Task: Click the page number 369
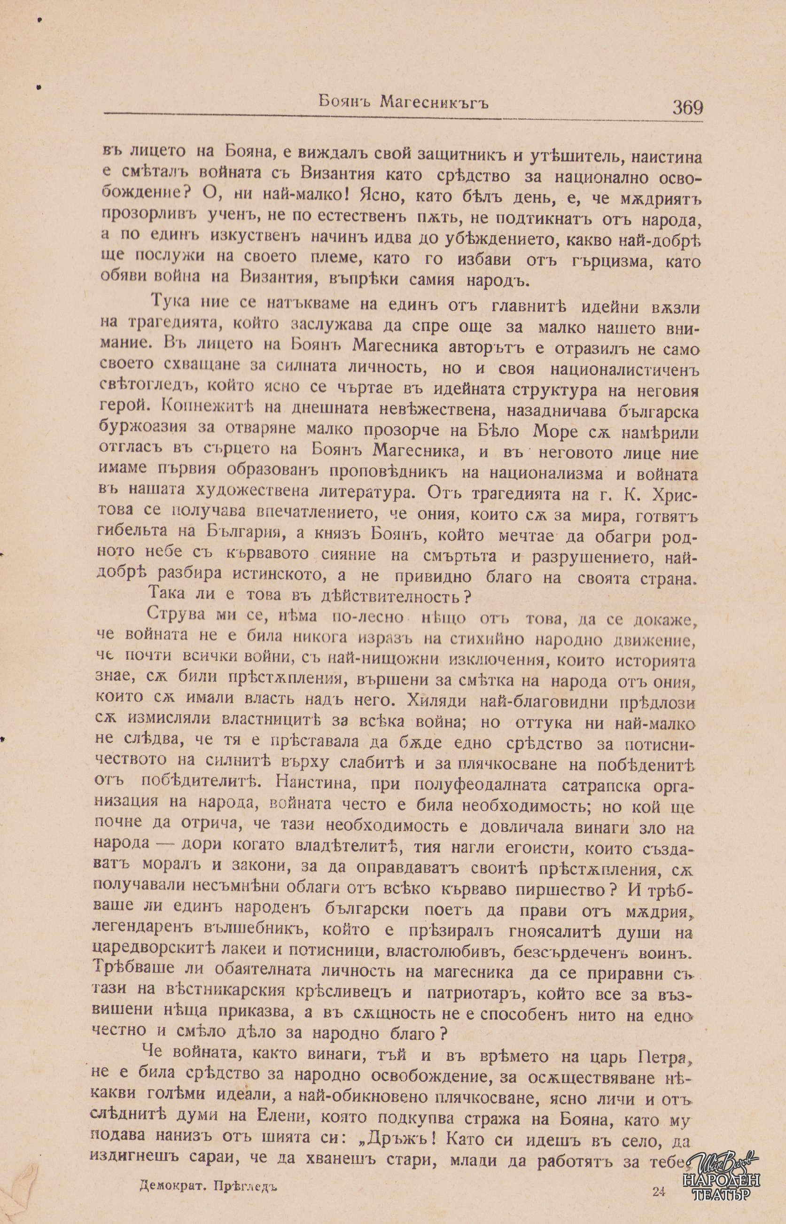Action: [x=687, y=108]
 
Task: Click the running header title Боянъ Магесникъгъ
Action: [x=403, y=103]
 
